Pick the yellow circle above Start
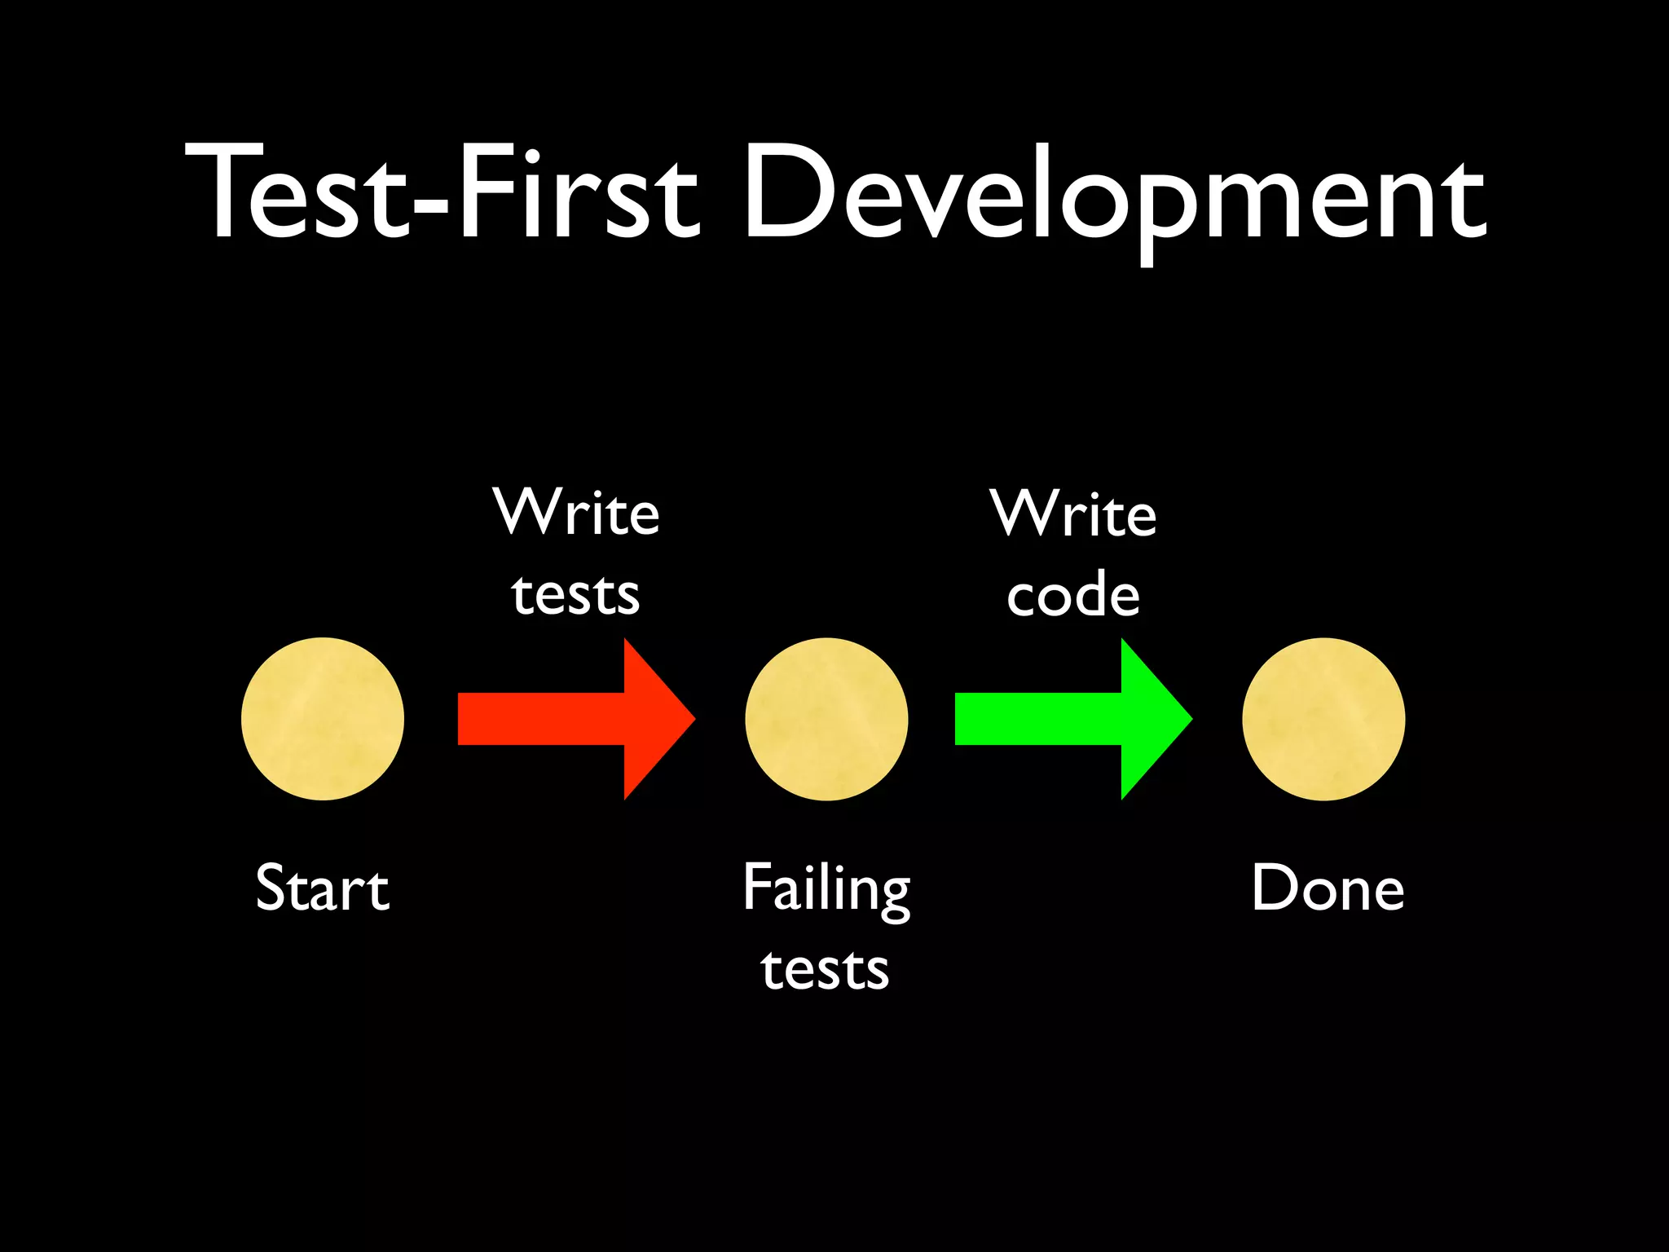(323, 719)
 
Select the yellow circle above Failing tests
(826, 719)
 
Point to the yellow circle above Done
(1323, 719)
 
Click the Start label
(323, 888)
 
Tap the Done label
(1328, 888)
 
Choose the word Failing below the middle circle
(826, 890)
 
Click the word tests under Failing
(825, 970)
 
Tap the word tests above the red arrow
(575, 594)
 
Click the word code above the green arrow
(1072, 595)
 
